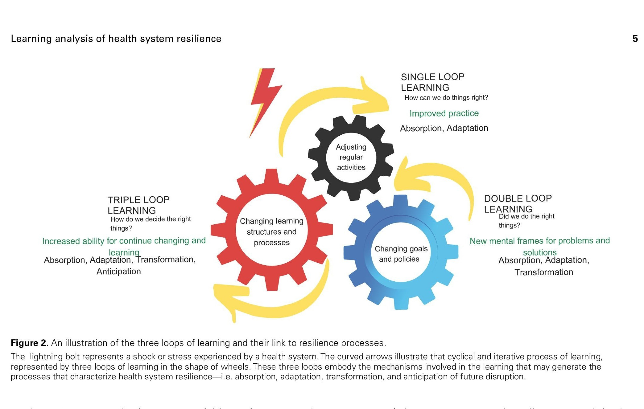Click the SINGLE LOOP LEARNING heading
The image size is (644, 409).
coord(432,82)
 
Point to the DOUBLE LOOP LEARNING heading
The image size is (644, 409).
coord(518,204)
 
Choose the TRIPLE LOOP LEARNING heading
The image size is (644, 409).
coord(138,205)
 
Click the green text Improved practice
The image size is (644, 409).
coord(444,113)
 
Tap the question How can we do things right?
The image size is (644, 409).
coord(446,98)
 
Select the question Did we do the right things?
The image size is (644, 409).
coord(526,221)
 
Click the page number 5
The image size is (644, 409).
coord(635,39)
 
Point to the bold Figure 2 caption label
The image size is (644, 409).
coord(29,343)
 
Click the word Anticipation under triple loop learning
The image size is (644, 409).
coord(118,272)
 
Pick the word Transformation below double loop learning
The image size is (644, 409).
coord(544,272)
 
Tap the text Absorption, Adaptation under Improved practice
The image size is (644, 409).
coord(444,128)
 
